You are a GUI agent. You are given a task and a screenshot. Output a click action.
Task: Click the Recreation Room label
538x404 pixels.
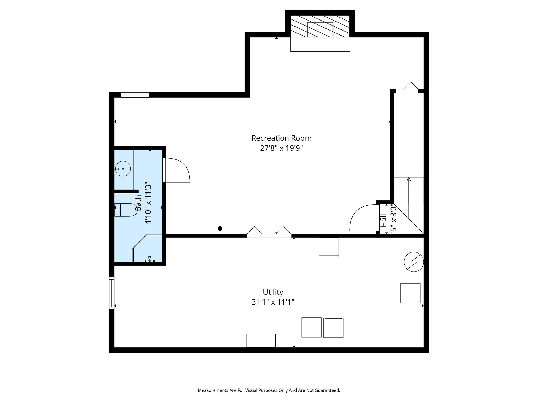click(281, 138)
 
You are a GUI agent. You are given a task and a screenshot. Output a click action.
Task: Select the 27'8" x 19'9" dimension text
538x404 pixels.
click(281, 148)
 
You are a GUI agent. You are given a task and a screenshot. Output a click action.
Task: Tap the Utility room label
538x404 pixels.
click(273, 292)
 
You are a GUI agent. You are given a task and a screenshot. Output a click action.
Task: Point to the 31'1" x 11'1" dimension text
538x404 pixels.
click(273, 302)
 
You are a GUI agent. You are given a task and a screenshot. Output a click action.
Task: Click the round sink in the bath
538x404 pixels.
click(123, 169)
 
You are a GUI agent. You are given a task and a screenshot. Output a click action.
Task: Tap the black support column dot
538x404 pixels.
click(220, 229)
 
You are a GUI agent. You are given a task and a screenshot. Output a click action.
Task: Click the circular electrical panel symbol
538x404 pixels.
click(414, 262)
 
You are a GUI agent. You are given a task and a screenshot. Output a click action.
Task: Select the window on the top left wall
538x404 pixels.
click(135, 95)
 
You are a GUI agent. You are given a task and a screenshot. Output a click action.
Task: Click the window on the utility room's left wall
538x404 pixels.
click(112, 293)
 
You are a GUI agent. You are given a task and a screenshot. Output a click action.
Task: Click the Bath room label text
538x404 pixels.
click(138, 203)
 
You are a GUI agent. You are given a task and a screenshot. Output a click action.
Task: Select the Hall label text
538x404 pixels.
click(384, 220)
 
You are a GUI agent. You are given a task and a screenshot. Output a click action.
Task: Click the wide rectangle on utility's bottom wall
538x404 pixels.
click(261, 340)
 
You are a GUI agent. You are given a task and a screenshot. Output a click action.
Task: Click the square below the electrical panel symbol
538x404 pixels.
click(410, 293)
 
